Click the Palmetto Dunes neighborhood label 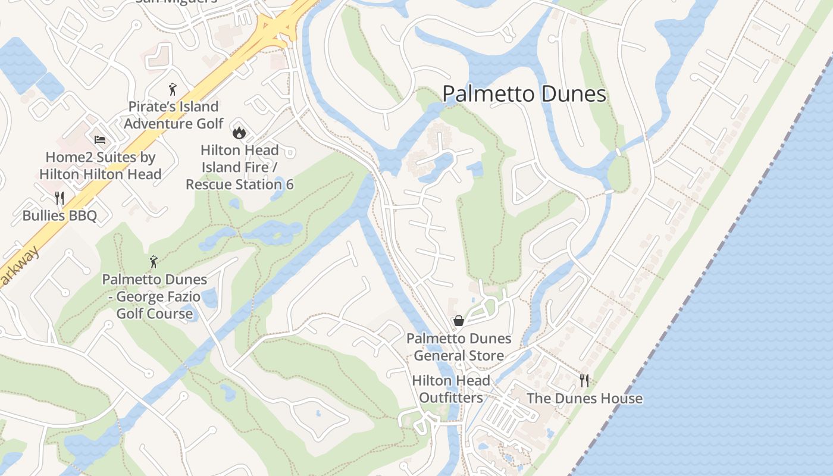pos(524,94)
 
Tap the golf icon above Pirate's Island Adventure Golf pos(173,90)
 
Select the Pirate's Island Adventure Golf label pos(173,115)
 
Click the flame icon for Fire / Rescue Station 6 pos(239,132)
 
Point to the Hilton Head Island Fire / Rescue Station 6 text pos(239,167)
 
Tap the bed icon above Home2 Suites pos(100,140)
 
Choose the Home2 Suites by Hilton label pos(101,166)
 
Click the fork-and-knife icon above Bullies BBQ pos(59,198)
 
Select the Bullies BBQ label pos(59,215)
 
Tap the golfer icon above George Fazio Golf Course pos(154,262)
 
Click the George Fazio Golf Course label pos(155,296)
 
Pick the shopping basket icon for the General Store pos(459,321)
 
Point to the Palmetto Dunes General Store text pos(459,347)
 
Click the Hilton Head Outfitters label pos(451,389)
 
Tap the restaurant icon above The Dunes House pos(584,380)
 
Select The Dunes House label pos(584,398)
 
